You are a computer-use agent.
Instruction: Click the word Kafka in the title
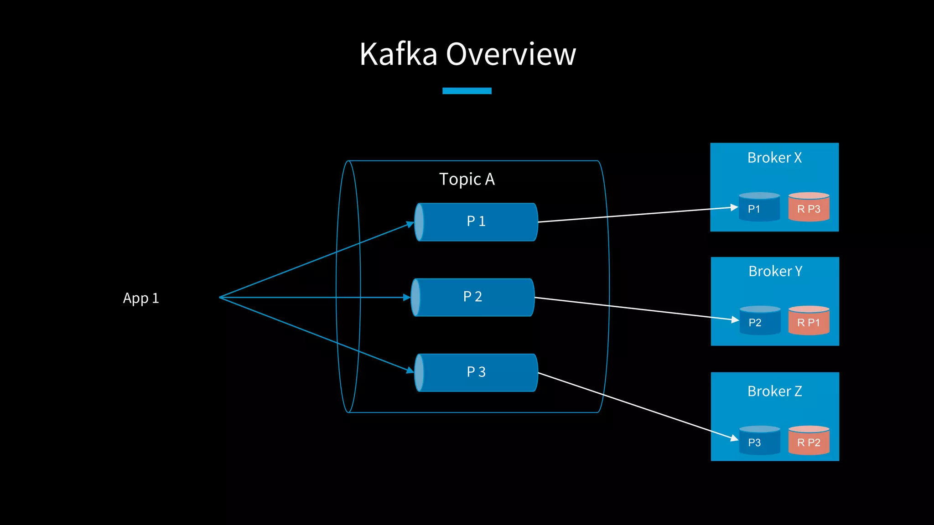[398, 54]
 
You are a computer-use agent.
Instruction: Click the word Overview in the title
[511, 54]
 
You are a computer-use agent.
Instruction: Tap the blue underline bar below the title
[467, 91]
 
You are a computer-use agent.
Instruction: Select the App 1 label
[141, 298]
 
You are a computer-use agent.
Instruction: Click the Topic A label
[467, 179]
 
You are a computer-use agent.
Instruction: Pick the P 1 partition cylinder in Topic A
[476, 222]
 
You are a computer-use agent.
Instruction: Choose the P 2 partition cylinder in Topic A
[472, 297]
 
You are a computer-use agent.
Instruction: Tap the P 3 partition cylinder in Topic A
[476, 372]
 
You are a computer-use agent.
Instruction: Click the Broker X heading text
[774, 158]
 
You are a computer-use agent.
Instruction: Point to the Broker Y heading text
[775, 271]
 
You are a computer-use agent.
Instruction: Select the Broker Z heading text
[774, 391]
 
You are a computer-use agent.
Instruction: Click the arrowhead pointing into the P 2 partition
[407, 298]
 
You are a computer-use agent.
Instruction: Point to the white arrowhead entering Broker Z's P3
[734, 439]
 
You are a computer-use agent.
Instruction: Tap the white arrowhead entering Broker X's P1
[734, 207]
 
